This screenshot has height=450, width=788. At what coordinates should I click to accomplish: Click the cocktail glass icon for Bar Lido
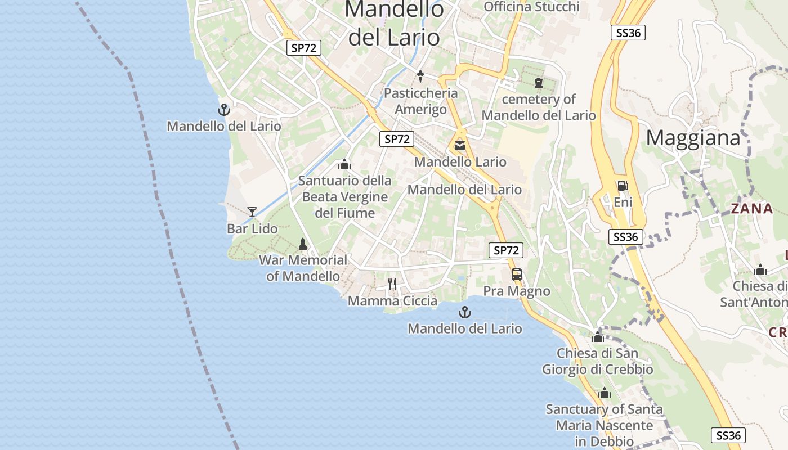pos(252,211)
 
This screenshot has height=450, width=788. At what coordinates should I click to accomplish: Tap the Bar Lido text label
pos(252,229)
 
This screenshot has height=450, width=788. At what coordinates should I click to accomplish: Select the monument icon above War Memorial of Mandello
pos(303,244)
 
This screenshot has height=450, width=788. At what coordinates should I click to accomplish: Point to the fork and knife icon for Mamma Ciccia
pos(392,284)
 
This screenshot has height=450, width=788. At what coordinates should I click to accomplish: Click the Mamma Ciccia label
pos(392,301)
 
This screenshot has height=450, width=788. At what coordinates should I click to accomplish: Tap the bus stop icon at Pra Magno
pos(516,274)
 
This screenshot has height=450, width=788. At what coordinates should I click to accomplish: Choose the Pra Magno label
pos(517,291)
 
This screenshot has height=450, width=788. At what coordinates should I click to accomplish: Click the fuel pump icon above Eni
pos(623,185)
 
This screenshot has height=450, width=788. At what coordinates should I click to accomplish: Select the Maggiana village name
pos(692,137)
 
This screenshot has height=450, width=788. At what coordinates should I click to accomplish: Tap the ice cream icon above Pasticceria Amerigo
pos(420,76)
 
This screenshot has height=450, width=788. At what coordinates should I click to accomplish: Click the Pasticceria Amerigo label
pos(420,101)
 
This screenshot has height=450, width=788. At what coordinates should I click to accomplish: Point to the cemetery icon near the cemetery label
pos(539,83)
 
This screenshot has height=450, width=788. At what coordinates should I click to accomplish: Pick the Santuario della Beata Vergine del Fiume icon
pos(344,164)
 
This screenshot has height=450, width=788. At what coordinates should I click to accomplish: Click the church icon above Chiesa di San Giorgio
pos(598,337)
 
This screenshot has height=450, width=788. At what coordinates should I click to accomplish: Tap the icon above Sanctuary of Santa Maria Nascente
pos(605,393)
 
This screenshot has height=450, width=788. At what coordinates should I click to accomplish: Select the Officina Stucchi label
pos(531,7)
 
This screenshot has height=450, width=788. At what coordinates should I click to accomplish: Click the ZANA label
pos(752,209)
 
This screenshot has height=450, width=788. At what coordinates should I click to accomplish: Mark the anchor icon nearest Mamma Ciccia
pos(465,312)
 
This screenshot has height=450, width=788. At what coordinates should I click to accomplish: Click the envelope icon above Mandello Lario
pos(460,146)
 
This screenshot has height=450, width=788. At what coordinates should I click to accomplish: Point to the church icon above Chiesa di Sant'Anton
pos(760,270)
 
